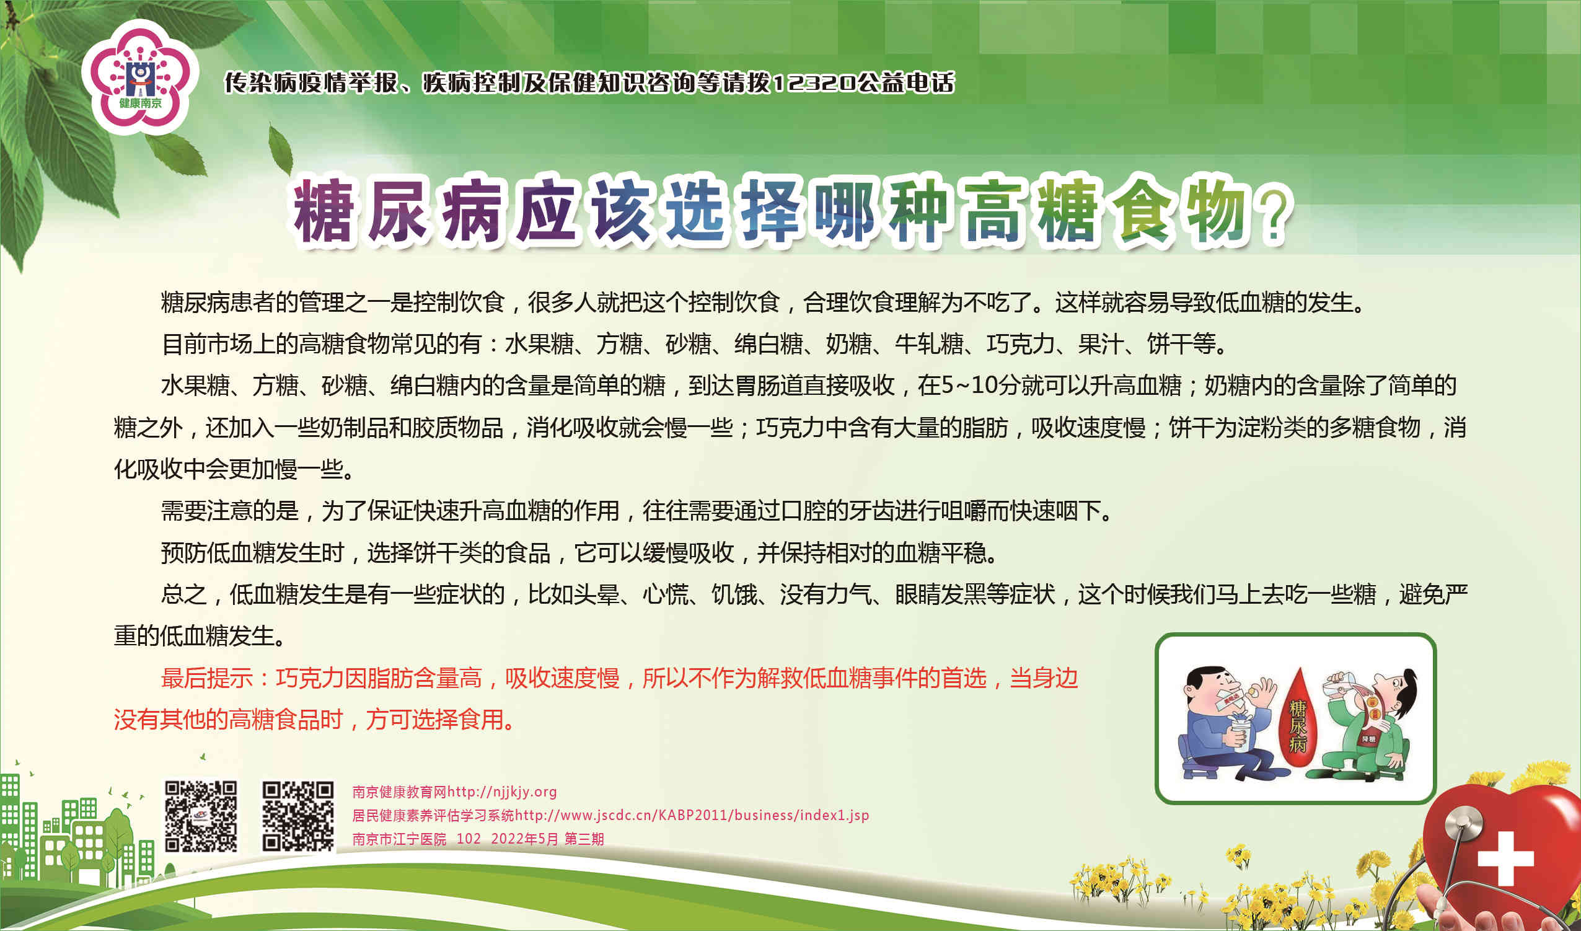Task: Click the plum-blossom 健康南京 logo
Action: tap(140, 77)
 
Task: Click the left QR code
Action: tap(201, 816)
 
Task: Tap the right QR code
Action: tap(298, 816)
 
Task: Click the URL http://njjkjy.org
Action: tap(502, 792)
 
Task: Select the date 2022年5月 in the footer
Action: tap(524, 839)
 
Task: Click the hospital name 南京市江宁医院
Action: tap(399, 839)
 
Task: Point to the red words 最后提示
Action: tap(207, 678)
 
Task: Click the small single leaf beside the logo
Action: tap(280, 149)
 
